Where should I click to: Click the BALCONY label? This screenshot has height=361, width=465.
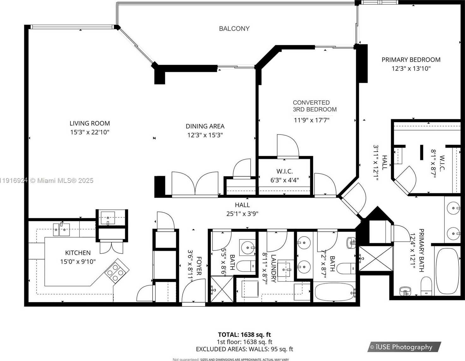(x=234, y=29)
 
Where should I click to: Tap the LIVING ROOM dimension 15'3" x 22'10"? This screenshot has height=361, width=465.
(x=90, y=132)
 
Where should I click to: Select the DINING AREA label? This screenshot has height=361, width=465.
(x=205, y=126)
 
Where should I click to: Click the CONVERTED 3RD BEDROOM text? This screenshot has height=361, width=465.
(x=314, y=106)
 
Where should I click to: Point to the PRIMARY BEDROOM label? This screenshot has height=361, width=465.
(x=411, y=60)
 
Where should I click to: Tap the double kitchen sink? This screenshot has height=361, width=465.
(x=61, y=230)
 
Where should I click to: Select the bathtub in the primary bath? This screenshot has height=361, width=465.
(x=447, y=271)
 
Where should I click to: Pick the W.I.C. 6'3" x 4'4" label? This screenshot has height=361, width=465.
(x=284, y=176)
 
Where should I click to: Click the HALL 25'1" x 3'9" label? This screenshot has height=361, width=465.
(x=242, y=209)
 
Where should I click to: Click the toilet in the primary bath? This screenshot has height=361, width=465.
(x=426, y=286)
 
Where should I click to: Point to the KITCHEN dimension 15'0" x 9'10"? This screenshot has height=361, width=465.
(x=78, y=262)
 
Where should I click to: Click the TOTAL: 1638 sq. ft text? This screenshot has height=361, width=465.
(x=244, y=335)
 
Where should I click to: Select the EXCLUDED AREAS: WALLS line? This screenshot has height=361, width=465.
(x=244, y=349)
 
